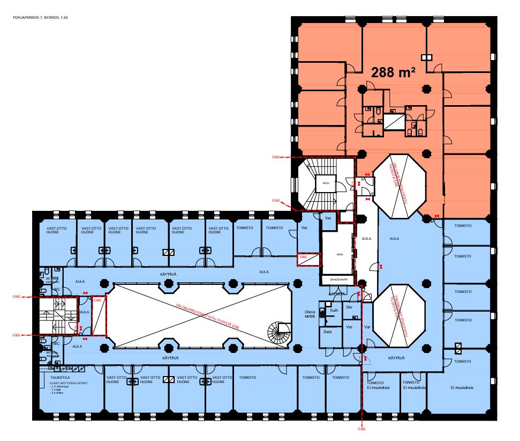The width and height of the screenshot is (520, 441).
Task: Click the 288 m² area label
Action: point(394,72)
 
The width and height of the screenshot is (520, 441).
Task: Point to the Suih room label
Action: point(334,310)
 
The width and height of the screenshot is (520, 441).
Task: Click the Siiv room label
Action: point(349,307)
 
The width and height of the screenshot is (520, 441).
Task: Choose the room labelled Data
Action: point(328,333)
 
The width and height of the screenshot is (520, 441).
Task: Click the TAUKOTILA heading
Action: point(54,378)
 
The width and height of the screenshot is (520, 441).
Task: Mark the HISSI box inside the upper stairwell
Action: point(326,183)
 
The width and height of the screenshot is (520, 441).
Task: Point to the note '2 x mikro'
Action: point(58,393)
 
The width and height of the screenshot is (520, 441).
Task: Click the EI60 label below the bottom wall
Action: point(361,430)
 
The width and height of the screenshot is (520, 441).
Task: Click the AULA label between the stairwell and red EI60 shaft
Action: point(84,312)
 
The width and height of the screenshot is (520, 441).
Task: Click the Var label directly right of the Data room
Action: point(349,327)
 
